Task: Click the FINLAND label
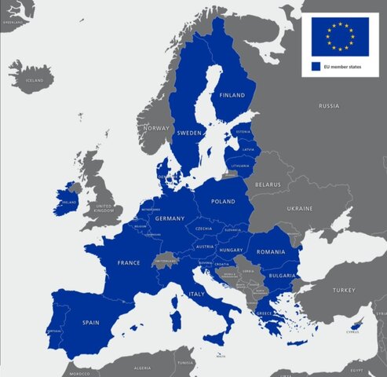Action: (232, 95)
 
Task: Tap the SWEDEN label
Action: (190, 133)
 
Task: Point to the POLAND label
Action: (223, 201)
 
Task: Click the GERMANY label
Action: (169, 218)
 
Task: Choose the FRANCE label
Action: (128, 262)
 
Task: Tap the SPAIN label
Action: (92, 322)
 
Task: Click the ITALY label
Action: (197, 294)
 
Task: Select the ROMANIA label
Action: (271, 251)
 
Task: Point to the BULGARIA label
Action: (280, 276)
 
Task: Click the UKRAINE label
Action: (299, 209)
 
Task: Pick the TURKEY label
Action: (343, 290)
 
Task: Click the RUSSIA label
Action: (329, 105)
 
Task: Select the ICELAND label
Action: (35, 80)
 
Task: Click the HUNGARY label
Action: (231, 250)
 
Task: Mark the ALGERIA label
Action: (141, 368)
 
